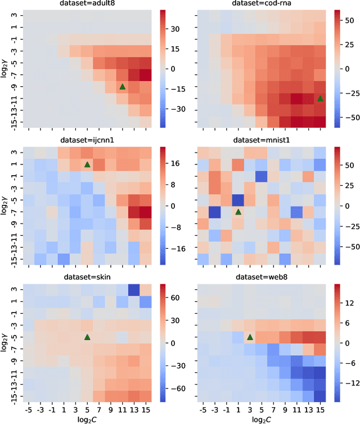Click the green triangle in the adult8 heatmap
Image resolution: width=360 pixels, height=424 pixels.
point(122,86)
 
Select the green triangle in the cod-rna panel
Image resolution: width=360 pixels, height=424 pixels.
point(320,98)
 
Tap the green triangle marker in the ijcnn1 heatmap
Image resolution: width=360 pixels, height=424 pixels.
point(87,164)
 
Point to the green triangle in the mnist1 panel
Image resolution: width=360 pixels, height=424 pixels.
point(238,212)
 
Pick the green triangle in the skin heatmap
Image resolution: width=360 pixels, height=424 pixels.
point(87,337)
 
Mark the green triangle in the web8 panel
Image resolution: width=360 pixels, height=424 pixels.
point(250,337)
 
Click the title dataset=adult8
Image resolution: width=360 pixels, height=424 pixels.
point(87,4)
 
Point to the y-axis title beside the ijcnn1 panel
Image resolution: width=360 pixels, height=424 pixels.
point(5,206)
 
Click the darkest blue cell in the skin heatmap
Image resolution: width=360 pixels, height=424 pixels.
point(134,289)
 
